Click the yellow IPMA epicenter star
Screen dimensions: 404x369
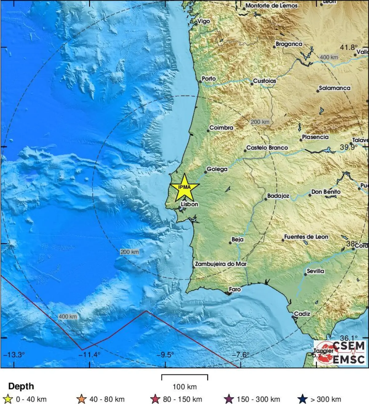click(184, 187)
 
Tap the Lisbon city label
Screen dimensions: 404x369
click(189, 204)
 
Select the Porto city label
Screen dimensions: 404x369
click(209, 79)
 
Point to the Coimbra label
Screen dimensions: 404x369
click(221, 128)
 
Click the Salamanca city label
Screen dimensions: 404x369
click(335, 88)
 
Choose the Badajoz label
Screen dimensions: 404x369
click(278, 196)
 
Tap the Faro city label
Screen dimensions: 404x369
click(235, 289)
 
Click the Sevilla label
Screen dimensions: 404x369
click(315, 271)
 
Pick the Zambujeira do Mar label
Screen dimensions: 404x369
click(221, 264)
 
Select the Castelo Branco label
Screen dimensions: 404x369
click(267, 148)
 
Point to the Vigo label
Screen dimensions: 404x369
click(204, 21)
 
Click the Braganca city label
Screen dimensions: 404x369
click(289, 44)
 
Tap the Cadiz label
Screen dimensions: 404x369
click(302, 314)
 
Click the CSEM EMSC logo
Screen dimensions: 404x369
click(340, 352)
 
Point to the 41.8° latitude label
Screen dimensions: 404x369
click(349, 48)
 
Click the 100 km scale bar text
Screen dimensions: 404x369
click(184, 387)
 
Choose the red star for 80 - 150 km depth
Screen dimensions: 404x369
click(156, 399)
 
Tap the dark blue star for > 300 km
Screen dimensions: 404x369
click(303, 399)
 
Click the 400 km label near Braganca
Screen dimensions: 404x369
click(329, 57)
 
